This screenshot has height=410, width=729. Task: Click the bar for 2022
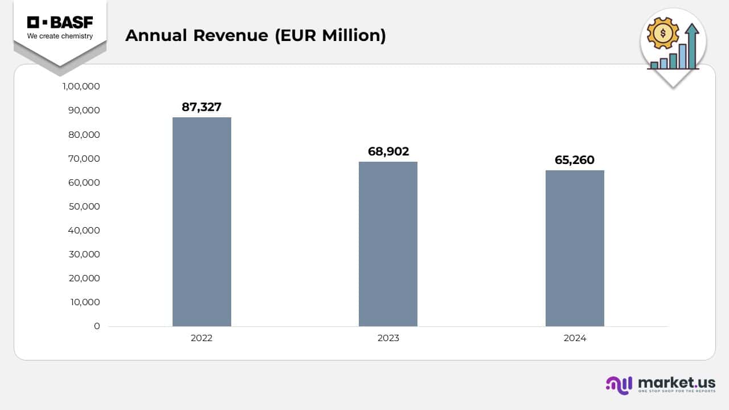(202, 222)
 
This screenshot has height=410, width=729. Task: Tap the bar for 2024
(575, 248)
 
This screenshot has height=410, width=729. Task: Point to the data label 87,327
(202, 106)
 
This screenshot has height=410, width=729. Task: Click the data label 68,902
(388, 151)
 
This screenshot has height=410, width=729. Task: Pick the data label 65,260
(575, 160)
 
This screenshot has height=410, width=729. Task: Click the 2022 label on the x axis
(202, 338)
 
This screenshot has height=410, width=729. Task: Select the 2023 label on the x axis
(388, 338)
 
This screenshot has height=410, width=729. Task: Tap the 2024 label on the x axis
(575, 338)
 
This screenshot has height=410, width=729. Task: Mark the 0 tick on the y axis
(97, 326)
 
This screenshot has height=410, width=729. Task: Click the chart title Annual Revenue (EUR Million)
(255, 35)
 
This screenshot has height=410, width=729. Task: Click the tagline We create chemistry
(60, 36)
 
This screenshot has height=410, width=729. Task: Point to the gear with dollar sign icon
(663, 34)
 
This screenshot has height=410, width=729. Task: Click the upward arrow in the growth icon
(692, 46)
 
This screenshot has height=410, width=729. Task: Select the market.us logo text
(677, 382)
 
